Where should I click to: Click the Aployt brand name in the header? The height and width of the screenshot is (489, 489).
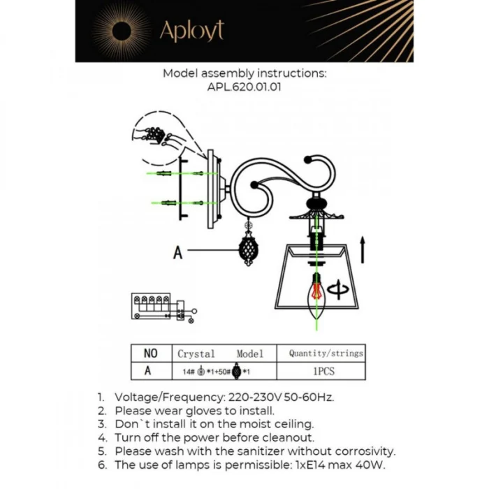click(191, 30)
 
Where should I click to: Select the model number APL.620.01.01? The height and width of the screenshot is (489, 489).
click(244, 88)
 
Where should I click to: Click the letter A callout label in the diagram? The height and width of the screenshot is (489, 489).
click(177, 252)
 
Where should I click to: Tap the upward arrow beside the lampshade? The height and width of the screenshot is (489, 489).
click(362, 249)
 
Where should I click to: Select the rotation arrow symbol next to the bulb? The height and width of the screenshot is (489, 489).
click(338, 289)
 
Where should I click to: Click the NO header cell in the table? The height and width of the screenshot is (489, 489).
click(150, 353)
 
